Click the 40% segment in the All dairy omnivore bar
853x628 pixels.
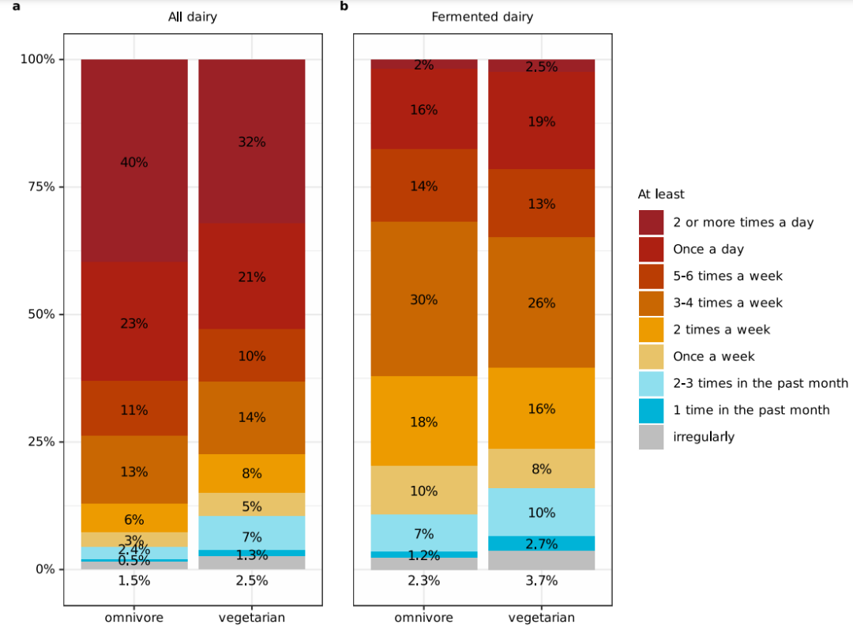coord(134,161)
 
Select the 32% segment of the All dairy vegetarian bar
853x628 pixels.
coord(252,141)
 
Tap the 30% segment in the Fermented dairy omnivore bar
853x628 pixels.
coord(424,299)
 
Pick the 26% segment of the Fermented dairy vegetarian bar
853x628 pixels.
coord(541,303)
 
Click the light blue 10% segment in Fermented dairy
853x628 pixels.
coord(541,512)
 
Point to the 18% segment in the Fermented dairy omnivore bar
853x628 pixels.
coord(424,421)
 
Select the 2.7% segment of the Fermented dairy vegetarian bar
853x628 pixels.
coord(541,543)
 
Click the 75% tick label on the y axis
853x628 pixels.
coord(42,186)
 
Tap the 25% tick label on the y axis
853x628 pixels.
coord(42,442)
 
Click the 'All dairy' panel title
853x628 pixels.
coord(193,17)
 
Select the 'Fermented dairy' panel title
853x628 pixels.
coord(483,17)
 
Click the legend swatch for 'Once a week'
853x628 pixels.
coord(651,356)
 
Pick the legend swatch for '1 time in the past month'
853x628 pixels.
coord(651,410)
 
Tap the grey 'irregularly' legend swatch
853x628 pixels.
coord(651,437)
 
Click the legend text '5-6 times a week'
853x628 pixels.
coord(728,276)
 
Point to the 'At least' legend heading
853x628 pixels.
coord(661,194)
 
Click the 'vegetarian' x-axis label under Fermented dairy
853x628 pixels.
coord(541,618)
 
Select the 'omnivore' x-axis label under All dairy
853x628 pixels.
coord(134,618)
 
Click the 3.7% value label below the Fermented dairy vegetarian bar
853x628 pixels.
coord(541,581)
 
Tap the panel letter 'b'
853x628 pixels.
coord(344,6)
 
